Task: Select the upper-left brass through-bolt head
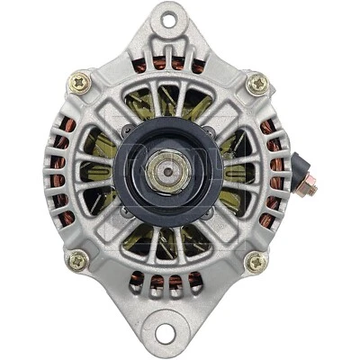coord(79,84)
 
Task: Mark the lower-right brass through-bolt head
coord(256,262)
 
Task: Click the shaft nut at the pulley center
coord(166,169)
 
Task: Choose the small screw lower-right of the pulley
coord(209,212)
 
